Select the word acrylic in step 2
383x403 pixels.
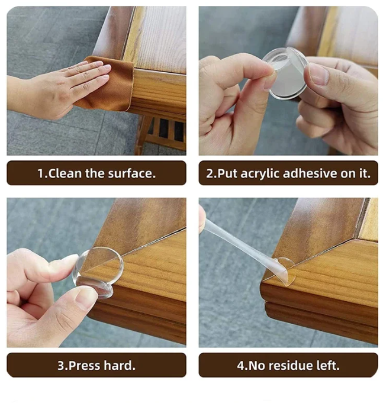click(x=259, y=174)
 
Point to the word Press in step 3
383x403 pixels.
click(x=84, y=366)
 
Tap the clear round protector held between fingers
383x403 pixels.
click(x=286, y=74)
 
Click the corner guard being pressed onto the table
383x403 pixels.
click(x=98, y=272)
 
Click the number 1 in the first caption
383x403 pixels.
click(x=41, y=173)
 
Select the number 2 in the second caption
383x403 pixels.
click(x=210, y=173)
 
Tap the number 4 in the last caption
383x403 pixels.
click(x=240, y=366)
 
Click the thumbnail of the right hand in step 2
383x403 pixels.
click(x=318, y=74)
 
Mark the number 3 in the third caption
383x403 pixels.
click(x=61, y=366)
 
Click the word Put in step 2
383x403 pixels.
click(x=227, y=173)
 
